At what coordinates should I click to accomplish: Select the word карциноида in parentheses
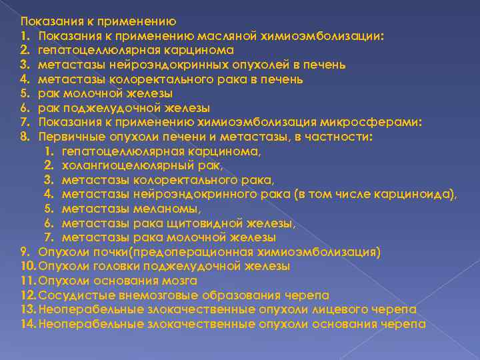[x=417, y=194]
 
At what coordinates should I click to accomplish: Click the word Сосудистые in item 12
[x=74, y=295]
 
